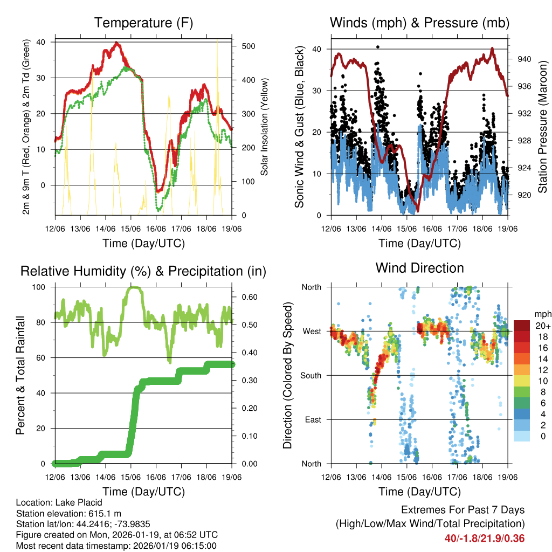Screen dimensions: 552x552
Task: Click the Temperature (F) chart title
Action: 143,23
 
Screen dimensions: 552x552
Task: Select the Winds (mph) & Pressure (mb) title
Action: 419,23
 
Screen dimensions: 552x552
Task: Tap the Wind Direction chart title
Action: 419,267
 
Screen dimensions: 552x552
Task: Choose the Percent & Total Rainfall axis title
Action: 20,375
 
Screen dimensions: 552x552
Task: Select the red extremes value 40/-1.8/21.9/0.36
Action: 485,538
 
